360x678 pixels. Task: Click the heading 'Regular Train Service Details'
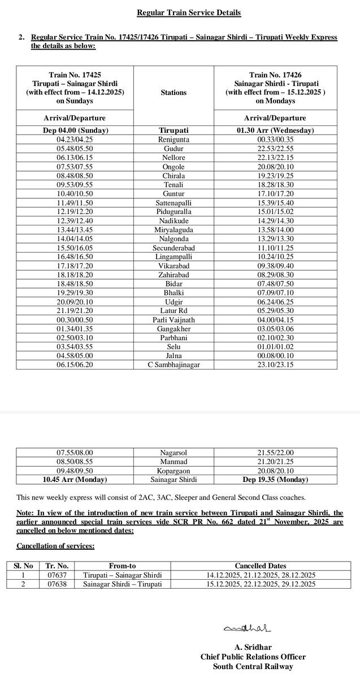point(180,12)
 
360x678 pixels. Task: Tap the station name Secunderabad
point(174,248)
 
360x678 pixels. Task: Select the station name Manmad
point(174,461)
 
